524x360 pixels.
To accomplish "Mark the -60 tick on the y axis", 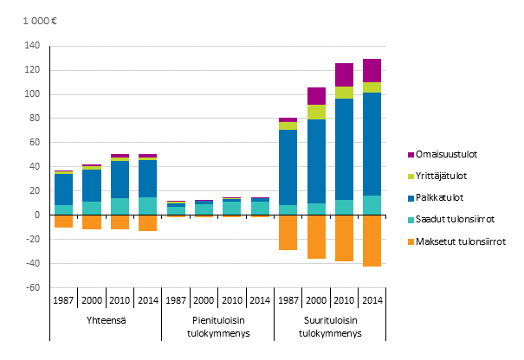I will tap(32, 287).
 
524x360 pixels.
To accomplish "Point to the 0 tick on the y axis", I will tap(37, 215).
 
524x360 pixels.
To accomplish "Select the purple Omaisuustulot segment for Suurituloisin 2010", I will tap(344, 74).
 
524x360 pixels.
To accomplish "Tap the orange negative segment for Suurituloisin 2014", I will tap(372, 241).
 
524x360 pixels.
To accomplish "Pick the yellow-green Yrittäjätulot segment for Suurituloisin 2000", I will tap(317, 112).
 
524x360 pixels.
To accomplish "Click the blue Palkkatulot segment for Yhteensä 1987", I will tap(64, 190).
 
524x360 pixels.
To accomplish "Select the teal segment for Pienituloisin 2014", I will tap(259, 208).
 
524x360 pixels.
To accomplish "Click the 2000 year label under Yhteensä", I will tap(92, 301).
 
